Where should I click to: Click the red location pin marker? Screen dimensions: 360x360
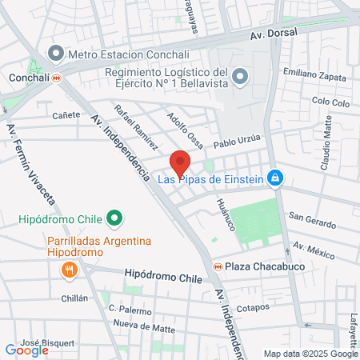[180, 162]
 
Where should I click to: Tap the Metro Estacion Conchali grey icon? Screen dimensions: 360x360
[55, 54]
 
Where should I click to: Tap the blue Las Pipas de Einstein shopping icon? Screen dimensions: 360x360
[275, 178]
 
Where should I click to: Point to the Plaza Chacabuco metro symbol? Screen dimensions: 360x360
[216, 266]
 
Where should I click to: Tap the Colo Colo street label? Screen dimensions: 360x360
[331, 102]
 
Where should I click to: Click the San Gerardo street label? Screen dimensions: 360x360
[308, 217]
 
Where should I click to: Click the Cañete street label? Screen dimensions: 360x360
[66, 114]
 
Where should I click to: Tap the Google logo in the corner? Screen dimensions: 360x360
[26, 350]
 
